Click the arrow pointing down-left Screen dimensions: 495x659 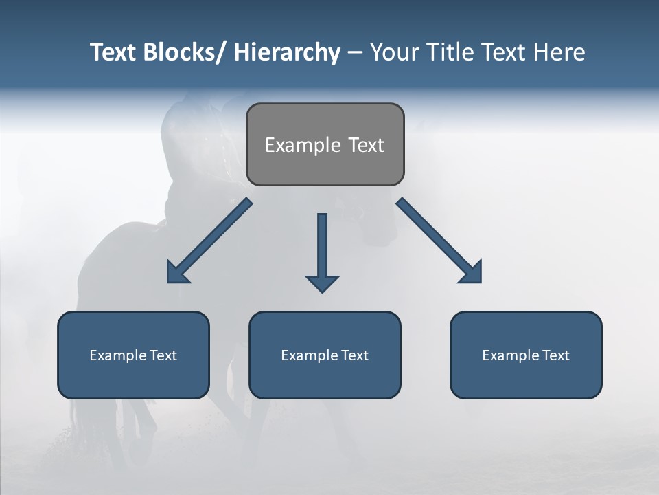point(209,241)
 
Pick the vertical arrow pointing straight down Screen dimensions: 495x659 point(322,252)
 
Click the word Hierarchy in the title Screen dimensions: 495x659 point(287,52)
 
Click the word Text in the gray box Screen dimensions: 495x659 point(366,145)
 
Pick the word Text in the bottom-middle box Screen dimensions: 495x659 point(353,355)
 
